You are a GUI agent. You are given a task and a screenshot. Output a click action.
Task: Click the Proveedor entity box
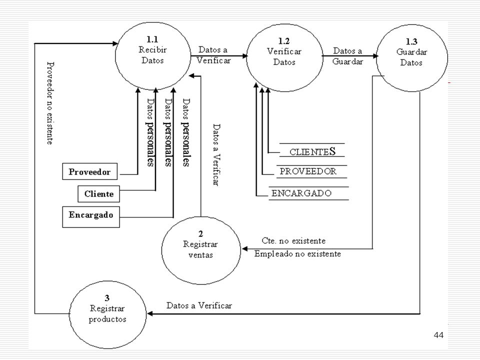click(89, 171)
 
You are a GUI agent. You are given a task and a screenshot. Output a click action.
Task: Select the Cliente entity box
click(98, 194)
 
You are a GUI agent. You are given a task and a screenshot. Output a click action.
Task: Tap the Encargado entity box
click(91, 217)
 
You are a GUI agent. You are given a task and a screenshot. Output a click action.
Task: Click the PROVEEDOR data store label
click(308, 171)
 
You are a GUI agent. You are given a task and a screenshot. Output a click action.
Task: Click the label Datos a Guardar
click(348, 56)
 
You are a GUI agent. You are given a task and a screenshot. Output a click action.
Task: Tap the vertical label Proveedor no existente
click(50, 103)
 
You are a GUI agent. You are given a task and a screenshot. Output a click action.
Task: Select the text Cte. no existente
click(293, 240)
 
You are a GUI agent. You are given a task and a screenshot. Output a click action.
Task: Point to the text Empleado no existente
click(297, 254)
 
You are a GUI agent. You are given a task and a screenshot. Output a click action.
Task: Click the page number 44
click(438, 335)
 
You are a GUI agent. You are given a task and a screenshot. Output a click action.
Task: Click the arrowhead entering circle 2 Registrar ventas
click(244, 248)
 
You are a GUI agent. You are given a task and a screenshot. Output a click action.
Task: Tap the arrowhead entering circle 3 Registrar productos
click(150, 314)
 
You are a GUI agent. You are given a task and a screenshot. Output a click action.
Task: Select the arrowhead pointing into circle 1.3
click(375, 56)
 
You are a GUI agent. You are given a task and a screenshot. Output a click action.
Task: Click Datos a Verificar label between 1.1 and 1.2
click(213, 55)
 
